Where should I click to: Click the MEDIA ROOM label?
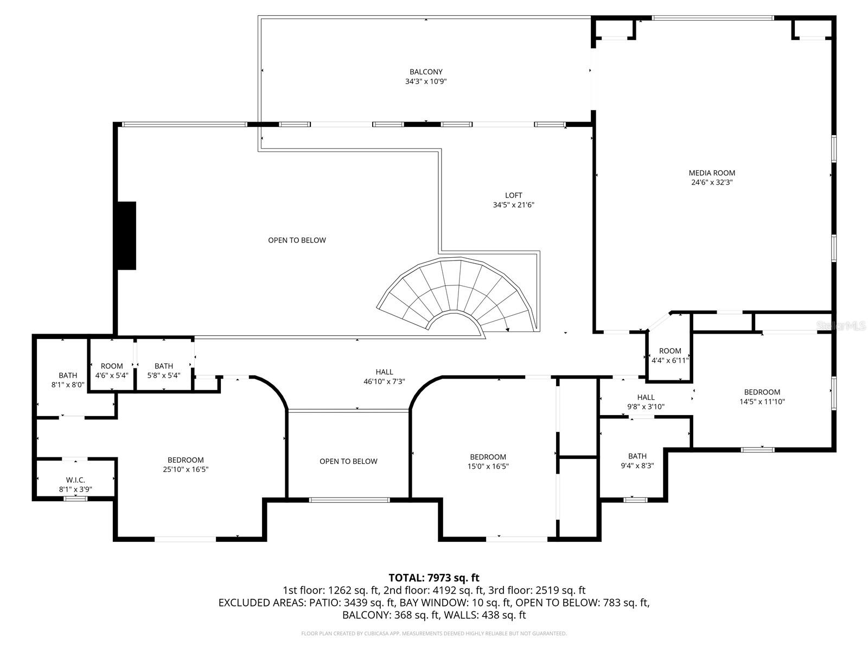pyautogui.click(x=712, y=173)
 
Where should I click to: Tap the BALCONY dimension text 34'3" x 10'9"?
pyautogui.click(x=426, y=82)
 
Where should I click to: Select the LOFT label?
pyautogui.click(x=513, y=195)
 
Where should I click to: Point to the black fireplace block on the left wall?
pyautogui.click(x=126, y=235)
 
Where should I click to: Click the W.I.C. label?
pyautogui.click(x=75, y=480)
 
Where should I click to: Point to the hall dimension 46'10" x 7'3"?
pyautogui.click(x=384, y=381)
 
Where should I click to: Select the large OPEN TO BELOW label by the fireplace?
pyautogui.click(x=297, y=240)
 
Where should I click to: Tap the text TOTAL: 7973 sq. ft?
pyautogui.click(x=434, y=578)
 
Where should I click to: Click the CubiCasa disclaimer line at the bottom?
pyautogui.click(x=434, y=633)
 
